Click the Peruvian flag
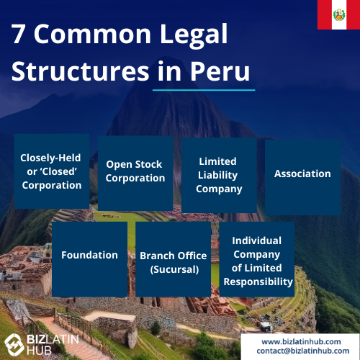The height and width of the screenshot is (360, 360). (338, 14)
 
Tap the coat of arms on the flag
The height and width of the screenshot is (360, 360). (339, 14)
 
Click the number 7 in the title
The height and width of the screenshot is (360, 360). (18, 34)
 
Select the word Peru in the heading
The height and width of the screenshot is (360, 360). (220, 71)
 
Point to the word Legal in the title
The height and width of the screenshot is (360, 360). (194, 35)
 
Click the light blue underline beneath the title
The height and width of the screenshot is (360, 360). (204, 90)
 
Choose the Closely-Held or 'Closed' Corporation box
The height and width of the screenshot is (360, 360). (52, 171)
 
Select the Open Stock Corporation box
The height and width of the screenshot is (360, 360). (135, 174)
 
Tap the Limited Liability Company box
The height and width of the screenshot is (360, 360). (219, 175)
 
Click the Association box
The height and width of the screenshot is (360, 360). (302, 177)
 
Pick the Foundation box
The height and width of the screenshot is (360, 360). (89, 259)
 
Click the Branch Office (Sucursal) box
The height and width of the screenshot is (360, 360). (174, 259)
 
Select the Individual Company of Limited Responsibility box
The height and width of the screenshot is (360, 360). (257, 259)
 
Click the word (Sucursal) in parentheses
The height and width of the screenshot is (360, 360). (174, 269)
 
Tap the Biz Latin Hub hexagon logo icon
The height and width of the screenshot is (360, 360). (14, 345)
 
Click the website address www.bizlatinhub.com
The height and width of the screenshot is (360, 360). (301, 341)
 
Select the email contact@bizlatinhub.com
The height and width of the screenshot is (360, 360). (303, 351)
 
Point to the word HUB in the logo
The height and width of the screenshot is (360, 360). (39, 351)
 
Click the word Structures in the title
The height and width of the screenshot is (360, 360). (81, 71)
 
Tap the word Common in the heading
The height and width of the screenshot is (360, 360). (92, 35)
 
